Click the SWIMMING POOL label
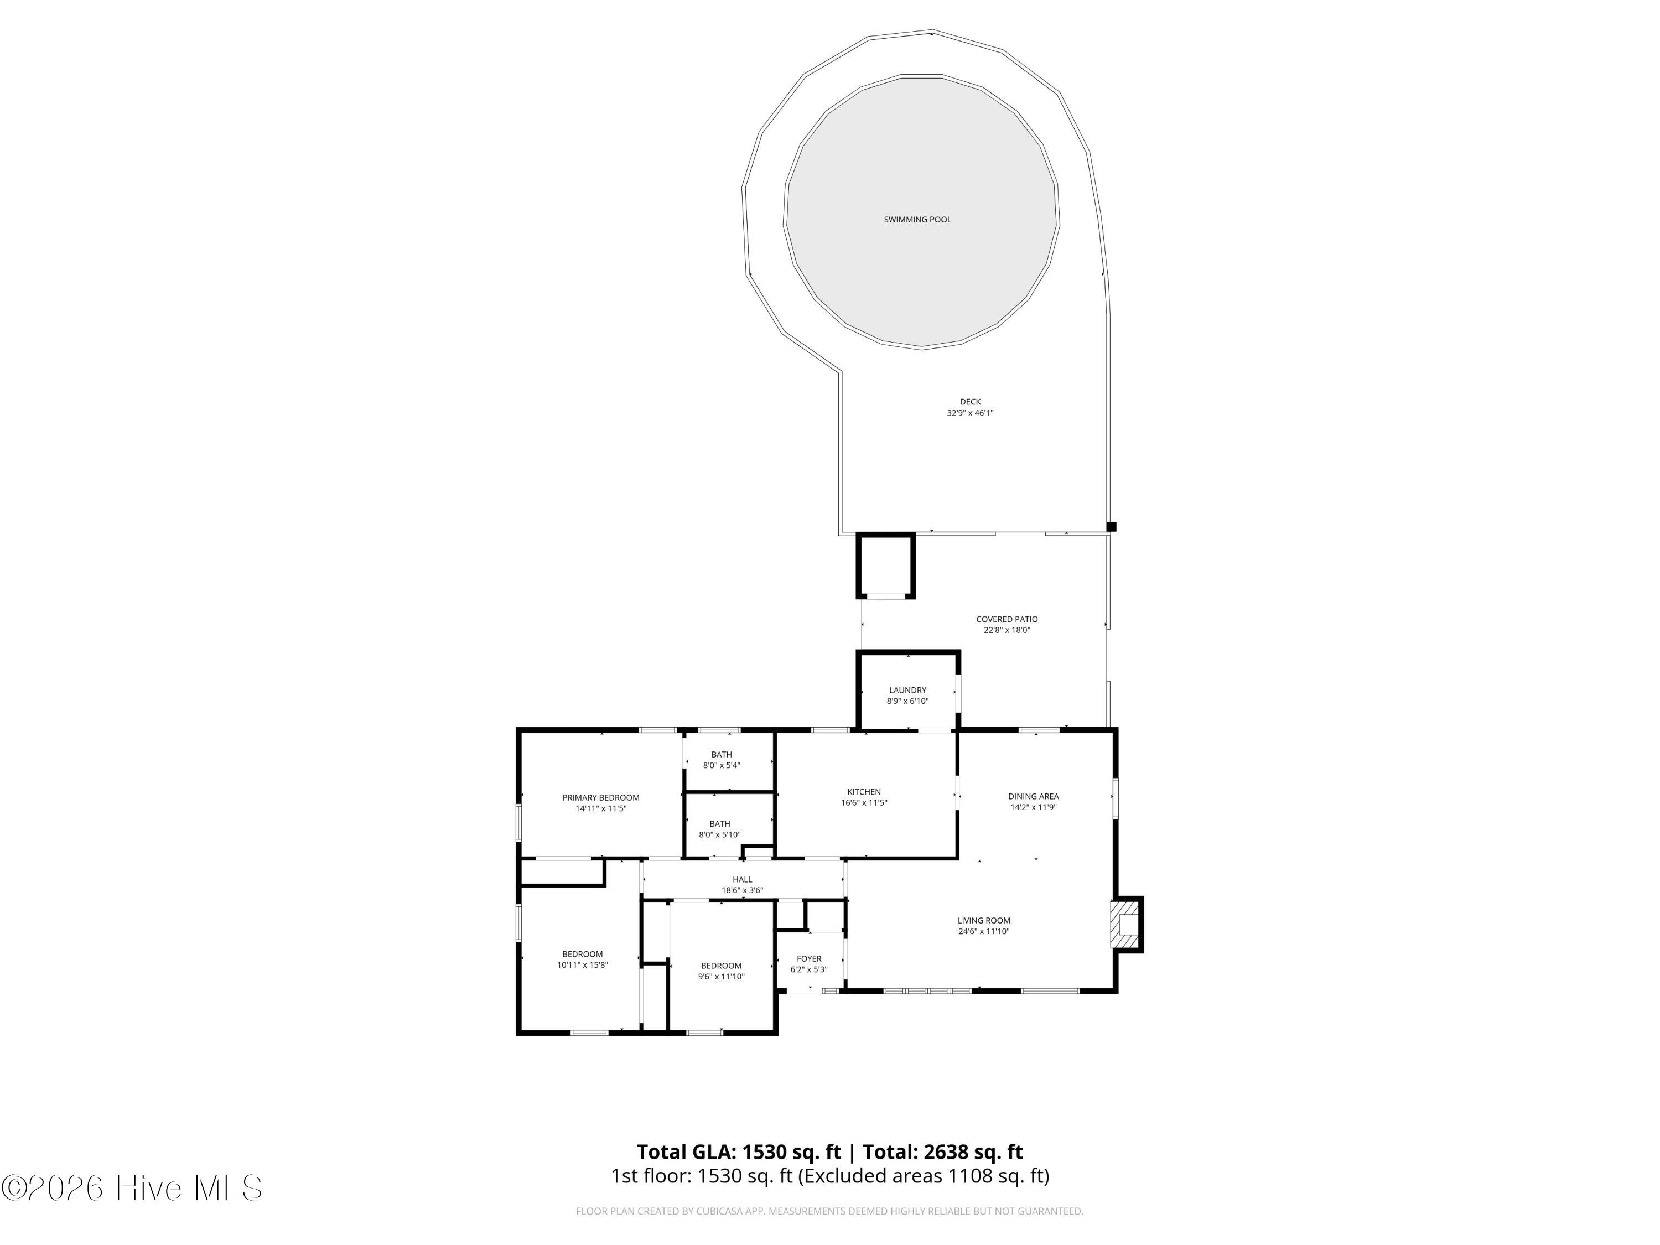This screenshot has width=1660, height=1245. [917, 220]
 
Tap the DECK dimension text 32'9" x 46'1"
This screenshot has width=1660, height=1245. [969, 413]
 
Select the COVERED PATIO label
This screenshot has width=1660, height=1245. [1007, 619]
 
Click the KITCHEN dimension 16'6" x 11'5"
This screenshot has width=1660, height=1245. [864, 802]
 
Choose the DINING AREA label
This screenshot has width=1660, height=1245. [1034, 796]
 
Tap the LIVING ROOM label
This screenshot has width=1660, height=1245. [984, 920]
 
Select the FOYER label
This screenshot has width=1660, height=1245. [809, 958]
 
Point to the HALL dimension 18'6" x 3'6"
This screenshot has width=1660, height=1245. [742, 890]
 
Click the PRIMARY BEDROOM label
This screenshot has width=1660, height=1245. [601, 798]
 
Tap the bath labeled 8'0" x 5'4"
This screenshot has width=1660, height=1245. [721, 760]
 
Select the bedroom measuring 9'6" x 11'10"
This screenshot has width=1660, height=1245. [721, 971]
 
